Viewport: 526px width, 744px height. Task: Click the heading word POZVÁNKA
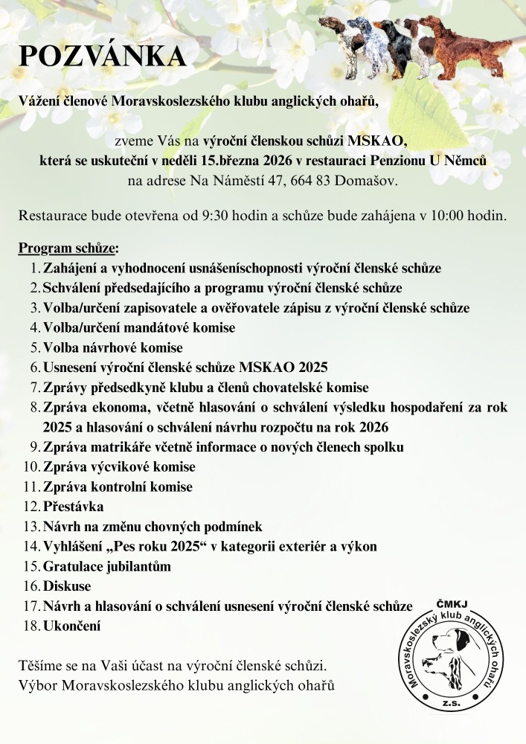[x=102, y=57]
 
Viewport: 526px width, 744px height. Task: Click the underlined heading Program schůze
[x=67, y=248]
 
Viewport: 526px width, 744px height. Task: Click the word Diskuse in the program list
[x=67, y=586]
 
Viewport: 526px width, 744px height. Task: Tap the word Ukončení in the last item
[x=71, y=626]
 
